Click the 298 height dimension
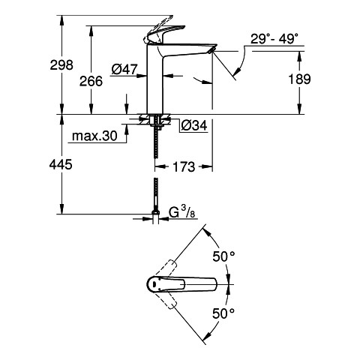pos(61,65)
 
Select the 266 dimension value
pos(91,81)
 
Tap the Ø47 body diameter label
pos(124,69)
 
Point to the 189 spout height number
pos(299,79)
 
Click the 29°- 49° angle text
pos(274,39)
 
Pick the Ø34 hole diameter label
pos(194,125)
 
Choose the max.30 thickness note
pos(94,136)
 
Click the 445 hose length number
pos(61,164)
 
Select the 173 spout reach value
pos(184,166)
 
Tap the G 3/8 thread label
pos(182,212)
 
